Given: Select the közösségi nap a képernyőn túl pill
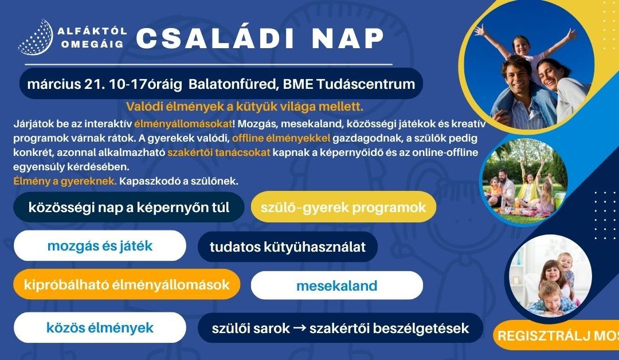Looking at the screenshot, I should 129,207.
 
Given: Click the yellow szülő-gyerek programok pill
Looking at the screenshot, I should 343,207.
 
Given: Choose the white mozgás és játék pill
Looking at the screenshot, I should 100,246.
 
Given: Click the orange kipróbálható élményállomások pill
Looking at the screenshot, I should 126,284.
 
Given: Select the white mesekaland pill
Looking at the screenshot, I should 336,285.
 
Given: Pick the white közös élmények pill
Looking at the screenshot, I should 100,327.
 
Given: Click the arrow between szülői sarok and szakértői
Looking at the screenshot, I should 300,328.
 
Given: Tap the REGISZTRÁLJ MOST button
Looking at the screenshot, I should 556,336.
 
